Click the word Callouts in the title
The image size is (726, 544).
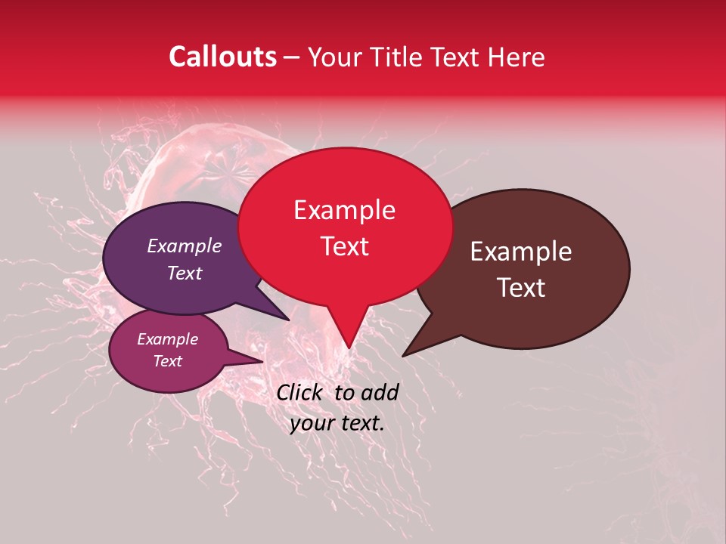click(222, 57)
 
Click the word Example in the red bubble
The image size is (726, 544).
click(344, 210)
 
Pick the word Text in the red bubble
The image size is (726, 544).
click(344, 246)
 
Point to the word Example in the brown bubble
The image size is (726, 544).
click(521, 252)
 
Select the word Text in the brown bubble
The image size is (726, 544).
click(521, 288)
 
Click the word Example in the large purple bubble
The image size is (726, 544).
click(185, 246)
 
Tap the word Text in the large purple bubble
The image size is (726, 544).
click(185, 273)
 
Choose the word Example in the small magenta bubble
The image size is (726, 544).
click(167, 339)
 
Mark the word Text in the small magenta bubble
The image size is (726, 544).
click(167, 361)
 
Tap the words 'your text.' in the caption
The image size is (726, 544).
click(337, 424)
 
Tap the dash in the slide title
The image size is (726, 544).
click(293, 57)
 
